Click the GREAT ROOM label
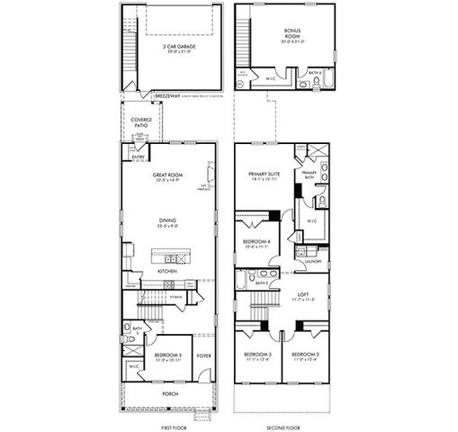coord(168,176)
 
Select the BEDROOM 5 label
coord(168,355)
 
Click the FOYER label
coord(203,355)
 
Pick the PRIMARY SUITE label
coord(266,175)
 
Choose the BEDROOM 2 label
coord(306,355)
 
